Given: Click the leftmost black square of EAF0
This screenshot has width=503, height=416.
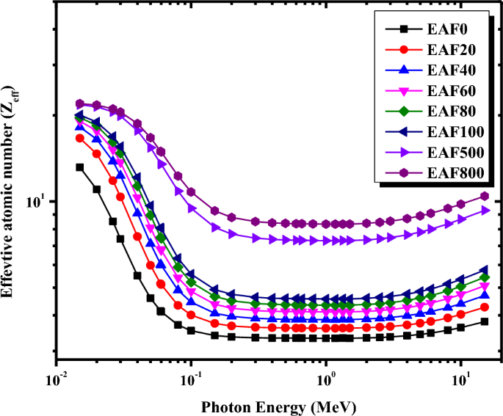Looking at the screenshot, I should tap(79, 167).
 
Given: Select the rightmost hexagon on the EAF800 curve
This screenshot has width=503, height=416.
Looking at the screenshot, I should tap(485, 196).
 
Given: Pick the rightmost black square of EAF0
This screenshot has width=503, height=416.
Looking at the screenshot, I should tap(485, 321).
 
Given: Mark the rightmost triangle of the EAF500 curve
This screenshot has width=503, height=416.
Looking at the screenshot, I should tap(485, 211).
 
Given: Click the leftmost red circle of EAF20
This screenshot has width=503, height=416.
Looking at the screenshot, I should tap(79, 138).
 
